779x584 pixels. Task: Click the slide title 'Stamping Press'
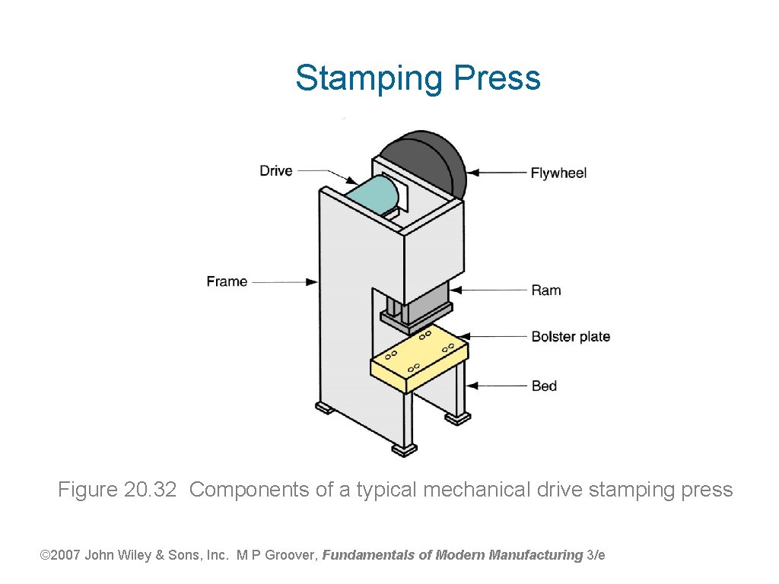418,78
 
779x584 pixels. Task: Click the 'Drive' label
275,170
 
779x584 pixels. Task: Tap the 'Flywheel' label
558,173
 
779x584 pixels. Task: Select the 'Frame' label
227,281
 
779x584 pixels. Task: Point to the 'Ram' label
545,290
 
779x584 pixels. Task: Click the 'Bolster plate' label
570,336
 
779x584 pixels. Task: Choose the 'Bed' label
544,386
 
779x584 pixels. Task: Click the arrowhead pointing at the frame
312,282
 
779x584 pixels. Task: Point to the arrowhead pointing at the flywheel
473,173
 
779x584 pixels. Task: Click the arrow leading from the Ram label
491,290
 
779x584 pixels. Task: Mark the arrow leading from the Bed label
498,386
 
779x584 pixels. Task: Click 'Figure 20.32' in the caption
117,490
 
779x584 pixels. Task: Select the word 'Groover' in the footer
292,555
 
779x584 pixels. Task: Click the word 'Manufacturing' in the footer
536,555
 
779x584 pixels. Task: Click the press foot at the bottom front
404,449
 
